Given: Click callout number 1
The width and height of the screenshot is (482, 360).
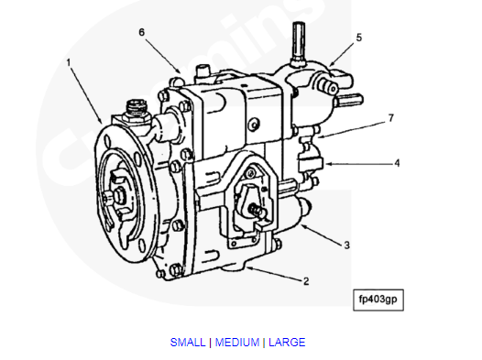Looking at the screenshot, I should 68,62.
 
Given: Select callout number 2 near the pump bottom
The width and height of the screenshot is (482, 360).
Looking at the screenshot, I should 306,280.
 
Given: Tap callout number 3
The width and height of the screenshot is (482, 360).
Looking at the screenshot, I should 346,245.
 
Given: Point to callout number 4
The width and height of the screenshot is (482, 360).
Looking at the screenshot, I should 397,164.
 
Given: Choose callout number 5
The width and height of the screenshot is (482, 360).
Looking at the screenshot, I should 358,38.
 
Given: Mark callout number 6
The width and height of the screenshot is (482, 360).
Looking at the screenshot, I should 142,32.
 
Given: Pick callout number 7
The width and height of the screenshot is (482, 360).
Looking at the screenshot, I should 390,118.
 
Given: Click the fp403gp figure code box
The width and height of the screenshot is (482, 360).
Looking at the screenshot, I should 377,299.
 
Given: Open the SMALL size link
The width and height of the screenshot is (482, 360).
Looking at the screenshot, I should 188,343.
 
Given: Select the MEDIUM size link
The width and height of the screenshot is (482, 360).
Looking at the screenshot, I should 236,343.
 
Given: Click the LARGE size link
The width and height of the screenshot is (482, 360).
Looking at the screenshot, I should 287,343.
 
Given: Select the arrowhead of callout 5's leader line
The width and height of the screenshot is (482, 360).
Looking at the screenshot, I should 328,65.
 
